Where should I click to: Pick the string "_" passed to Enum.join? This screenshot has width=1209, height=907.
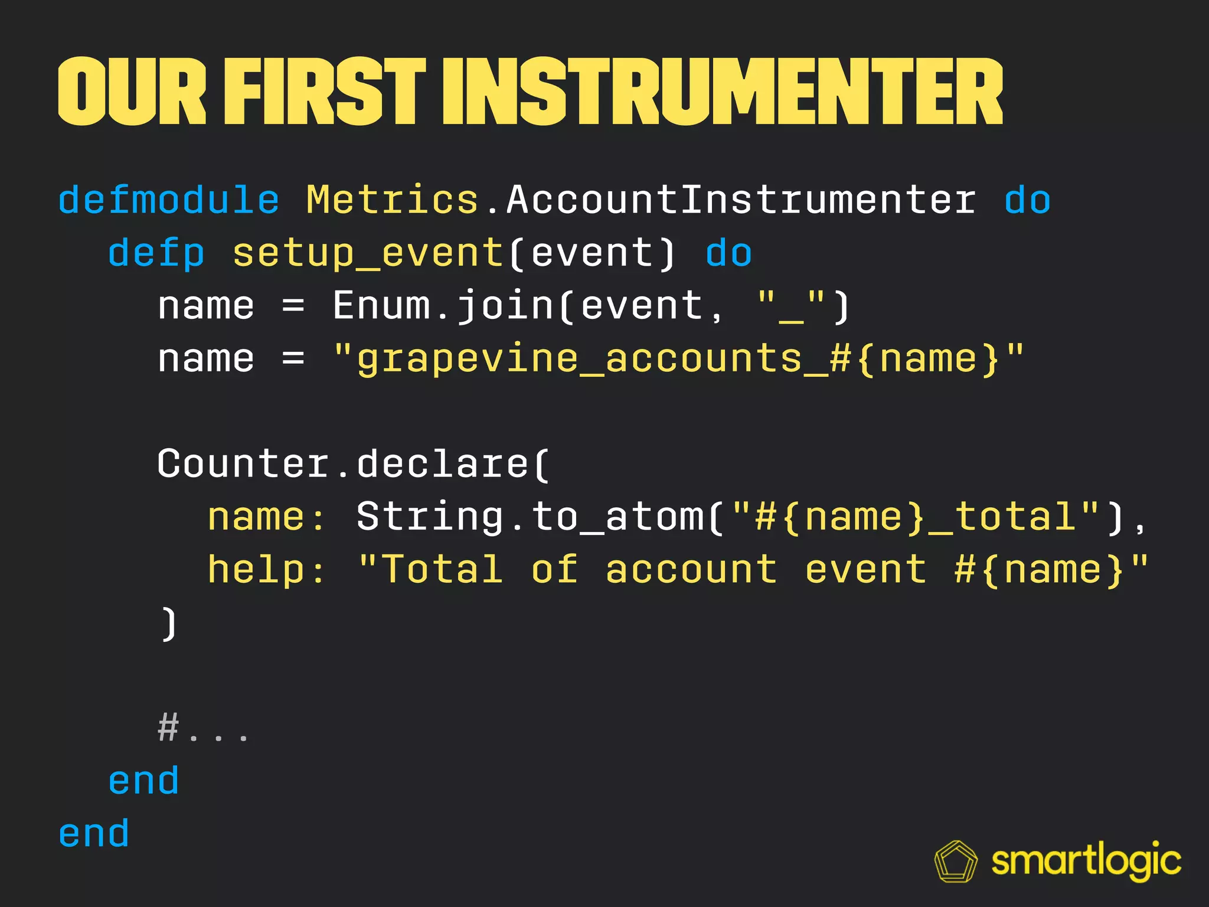pyautogui.click(x=791, y=307)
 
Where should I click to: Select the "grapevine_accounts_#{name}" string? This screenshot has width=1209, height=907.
pyautogui.click(x=679, y=359)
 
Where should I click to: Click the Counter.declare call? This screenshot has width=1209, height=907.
pyautogui.click(x=352, y=464)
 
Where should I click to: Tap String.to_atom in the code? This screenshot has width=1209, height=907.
pyautogui.click(x=530, y=517)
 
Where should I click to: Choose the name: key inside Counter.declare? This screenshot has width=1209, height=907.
pyautogui.click(x=266, y=517)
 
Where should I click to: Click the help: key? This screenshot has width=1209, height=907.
pyautogui.click(x=266, y=570)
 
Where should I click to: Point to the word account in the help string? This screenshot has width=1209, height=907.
pyautogui.click(x=691, y=570)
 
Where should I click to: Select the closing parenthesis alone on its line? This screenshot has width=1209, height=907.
pyautogui.click(x=169, y=623)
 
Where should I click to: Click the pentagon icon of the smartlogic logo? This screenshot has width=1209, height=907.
pyautogui.click(x=956, y=862)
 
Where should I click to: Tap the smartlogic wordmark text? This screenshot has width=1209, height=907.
pyautogui.click(x=1086, y=862)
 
